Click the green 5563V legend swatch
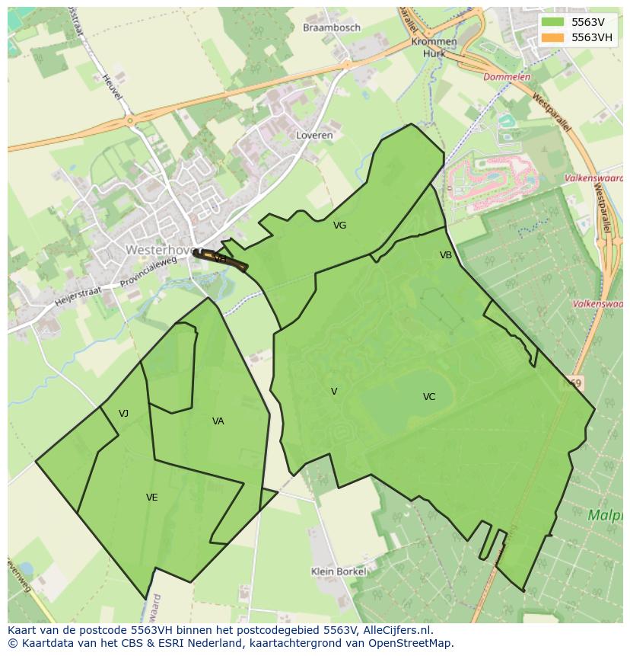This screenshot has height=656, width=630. pyautogui.click(x=554, y=22)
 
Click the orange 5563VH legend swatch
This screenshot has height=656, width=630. pyautogui.click(x=554, y=37)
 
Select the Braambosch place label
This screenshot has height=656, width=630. pyautogui.click(x=331, y=27)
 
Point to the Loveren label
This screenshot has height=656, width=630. pyautogui.click(x=314, y=135)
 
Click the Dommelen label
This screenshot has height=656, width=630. pyautogui.click(x=507, y=77)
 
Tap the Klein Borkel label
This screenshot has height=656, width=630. pyautogui.click(x=339, y=571)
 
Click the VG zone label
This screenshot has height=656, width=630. pyautogui.click(x=339, y=226)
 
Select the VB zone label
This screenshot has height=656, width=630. pyautogui.click(x=446, y=255)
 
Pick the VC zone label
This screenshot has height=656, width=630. pyautogui.click(x=429, y=397)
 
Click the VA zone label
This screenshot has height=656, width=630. pyautogui.click(x=218, y=421)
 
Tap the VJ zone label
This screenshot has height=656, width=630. pyautogui.click(x=123, y=414)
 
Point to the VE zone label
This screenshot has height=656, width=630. pyautogui.click(x=152, y=498)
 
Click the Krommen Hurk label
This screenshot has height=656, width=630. pyautogui.click(x=434, y=48)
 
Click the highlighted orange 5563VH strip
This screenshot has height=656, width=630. pyautogui.click(x=221, y=259)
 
